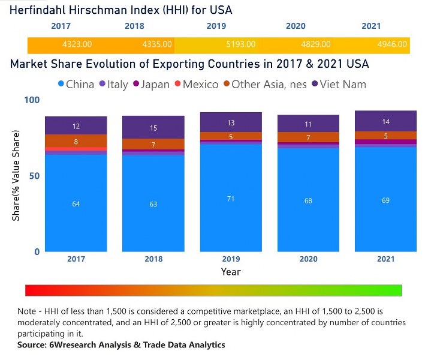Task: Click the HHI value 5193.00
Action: [x=242, y=44]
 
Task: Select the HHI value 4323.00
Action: [x=77, y=44]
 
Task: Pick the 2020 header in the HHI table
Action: [x=296, y=26]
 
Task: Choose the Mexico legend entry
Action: [x=195, y=85]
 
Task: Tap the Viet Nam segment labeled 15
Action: [x=153, y=127]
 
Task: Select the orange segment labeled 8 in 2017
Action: [x=76, y=142]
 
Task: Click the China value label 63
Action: [x=153, y=205]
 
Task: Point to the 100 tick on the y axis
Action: [x=31, y=100]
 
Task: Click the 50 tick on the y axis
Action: [x=34, y=176]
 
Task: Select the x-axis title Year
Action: [x=231, y=272]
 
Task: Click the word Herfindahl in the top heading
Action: [x=38, y=10]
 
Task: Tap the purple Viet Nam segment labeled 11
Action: [x=308, y=124]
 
